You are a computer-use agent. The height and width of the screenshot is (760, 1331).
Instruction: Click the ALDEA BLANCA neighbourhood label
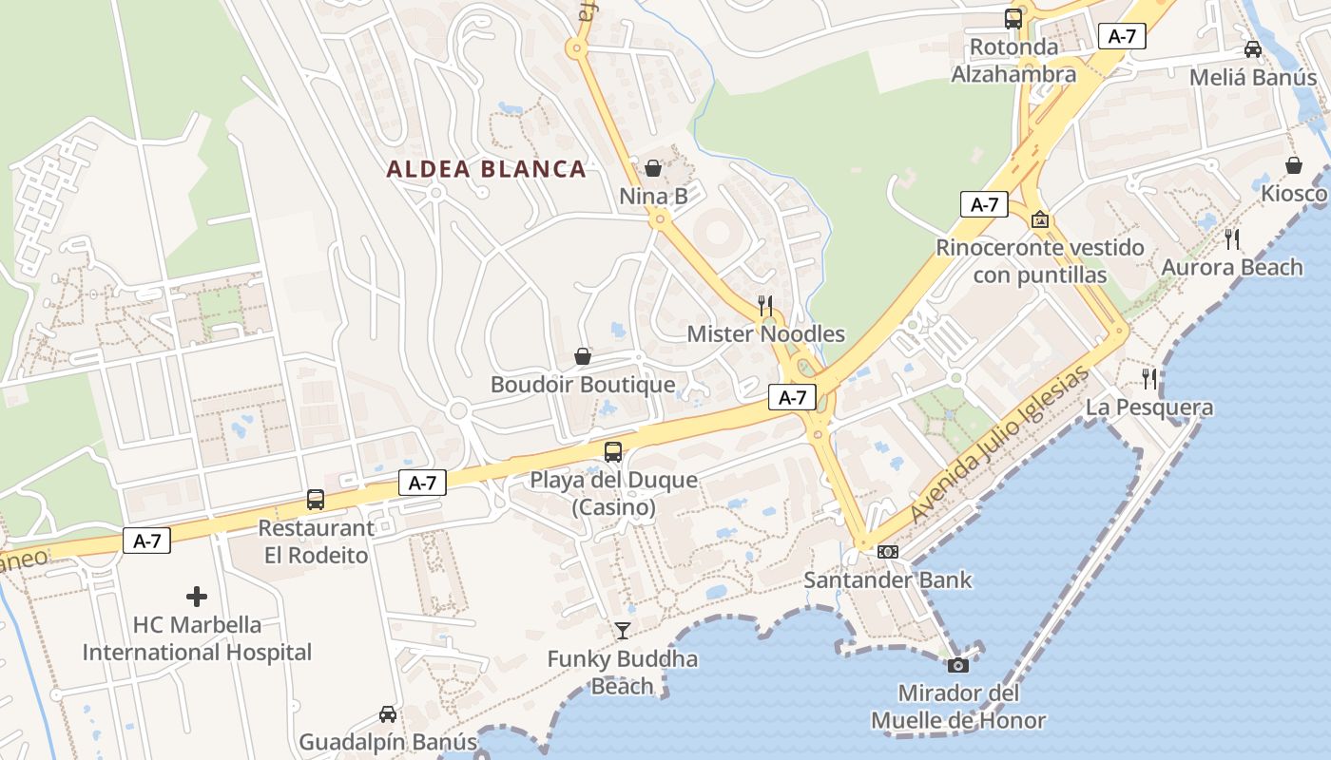pyautogui.click(x=486, y=169)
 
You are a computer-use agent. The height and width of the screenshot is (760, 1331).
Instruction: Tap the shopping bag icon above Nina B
pyautogui.click(x=653, y=168)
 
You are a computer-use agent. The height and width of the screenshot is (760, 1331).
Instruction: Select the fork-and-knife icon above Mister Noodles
pyautogui.click(x=765, y=305)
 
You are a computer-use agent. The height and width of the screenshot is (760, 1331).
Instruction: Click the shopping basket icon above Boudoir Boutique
pyautogui.click(x=583, y=356)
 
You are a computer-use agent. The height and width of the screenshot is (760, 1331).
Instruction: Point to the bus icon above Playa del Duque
pyautogui.click(x=613, y=452)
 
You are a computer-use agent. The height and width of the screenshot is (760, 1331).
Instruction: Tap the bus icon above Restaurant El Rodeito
pyautogui.click(x=315, y=500)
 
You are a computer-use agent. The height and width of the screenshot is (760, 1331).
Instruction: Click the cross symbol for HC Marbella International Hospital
pyautogui.click(x=197, y=597)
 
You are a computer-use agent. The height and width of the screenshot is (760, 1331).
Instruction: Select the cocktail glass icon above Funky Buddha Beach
pyautogui.click(x=622, y=630)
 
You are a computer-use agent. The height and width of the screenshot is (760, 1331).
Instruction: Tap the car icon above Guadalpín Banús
pyautogui.click(x=388, y=713)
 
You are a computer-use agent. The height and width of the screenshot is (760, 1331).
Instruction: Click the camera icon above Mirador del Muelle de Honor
pyautogui.click(x=958, y=665)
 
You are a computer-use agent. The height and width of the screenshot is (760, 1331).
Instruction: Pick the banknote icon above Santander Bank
pyautogui.click(x=888, y=552)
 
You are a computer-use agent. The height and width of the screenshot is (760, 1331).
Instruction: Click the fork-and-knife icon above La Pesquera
pyautogui.click(x=1149, y=379)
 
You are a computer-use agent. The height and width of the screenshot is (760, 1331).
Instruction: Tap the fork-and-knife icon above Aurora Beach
pyautogui.click(x=1232, y=238)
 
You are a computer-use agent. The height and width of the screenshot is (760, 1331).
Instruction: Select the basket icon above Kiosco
pyautogui.click(x=1294, y=165)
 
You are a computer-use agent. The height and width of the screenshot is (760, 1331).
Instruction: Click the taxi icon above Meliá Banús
pyautogui.click(x=1253, y=49)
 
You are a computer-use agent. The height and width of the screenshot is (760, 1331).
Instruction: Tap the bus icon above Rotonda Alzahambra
pyautogui.click(x=1013, y=18)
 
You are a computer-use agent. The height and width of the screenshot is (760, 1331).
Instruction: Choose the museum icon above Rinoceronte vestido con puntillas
pyautogui.click(x=1040, y=219)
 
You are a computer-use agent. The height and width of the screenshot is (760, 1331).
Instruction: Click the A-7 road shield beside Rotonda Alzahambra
pyautogui.click(x=1122, y=36)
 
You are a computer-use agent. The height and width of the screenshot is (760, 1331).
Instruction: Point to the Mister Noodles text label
pyautogui.click(x=765, y=334)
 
